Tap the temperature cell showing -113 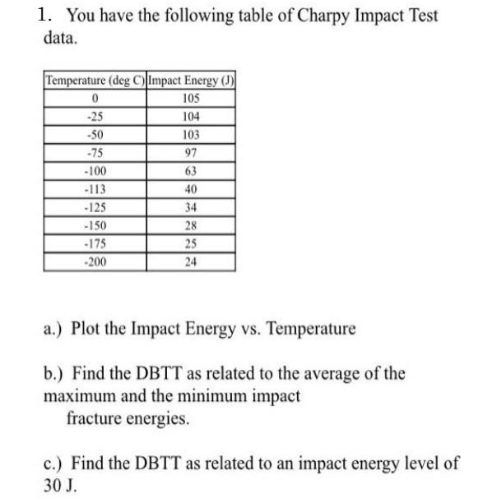coord(95,188)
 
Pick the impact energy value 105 coord(192,99)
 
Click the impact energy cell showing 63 coord(192,170)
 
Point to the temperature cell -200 coord(95,262)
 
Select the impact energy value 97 coord(192,152)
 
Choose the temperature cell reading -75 coord(95,152)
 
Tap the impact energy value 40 coord(192,188)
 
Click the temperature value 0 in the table coord(95,99)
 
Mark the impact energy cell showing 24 coord(192,262)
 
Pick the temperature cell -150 coord(95,225)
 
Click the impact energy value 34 coord(192,207)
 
